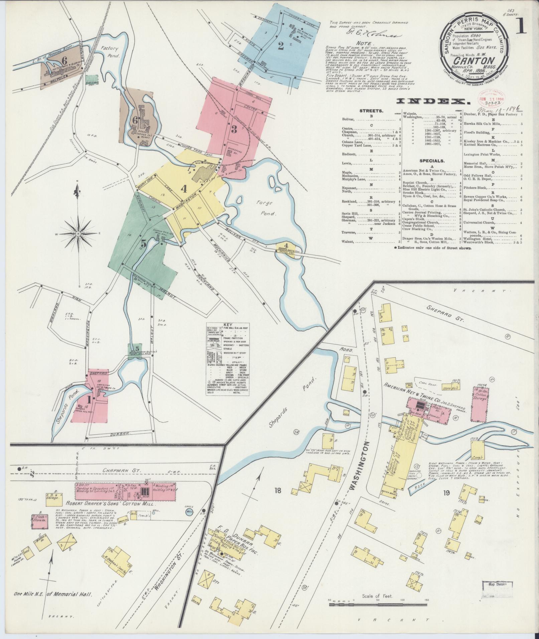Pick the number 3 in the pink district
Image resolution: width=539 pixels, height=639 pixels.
point(234,130)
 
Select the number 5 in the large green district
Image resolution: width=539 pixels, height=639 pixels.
point(144,243)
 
